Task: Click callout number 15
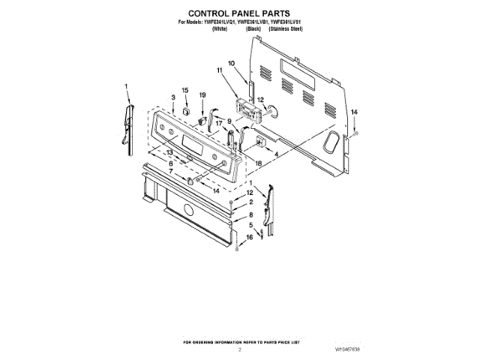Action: [x=185, y=91]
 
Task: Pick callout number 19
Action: [x=202, y=94]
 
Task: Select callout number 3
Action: [x=173, y=97]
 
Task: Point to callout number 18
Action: [x=258, y=163]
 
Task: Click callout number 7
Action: [x=171, y=172]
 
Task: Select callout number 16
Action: [x=250, y=237]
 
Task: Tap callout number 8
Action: [x=250, y=214]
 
